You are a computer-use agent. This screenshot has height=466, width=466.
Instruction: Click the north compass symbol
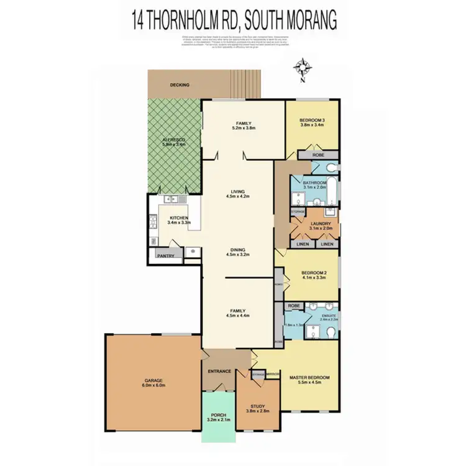point(303,67)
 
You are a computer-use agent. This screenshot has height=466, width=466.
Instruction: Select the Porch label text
point(218,414)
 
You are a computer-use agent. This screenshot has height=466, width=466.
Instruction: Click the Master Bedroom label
point(309,377)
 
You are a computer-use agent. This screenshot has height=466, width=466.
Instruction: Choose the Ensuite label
point(328,316)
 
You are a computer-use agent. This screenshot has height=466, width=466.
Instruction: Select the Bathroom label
point(314,183)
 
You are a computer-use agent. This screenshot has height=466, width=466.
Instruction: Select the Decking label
point(180,85)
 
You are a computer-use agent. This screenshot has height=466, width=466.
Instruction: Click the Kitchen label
point(178,217)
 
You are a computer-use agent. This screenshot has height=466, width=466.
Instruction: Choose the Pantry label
point(165,255)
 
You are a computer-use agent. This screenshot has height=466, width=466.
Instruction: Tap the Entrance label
point(219,372)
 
